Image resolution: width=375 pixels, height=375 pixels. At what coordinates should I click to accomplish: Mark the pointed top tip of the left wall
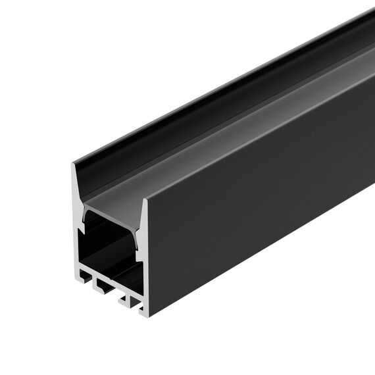point(72,163)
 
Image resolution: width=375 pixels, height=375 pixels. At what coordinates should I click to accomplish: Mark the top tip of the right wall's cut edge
point(145,198)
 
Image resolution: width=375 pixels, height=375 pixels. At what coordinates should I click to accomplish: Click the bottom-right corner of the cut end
point(146,314)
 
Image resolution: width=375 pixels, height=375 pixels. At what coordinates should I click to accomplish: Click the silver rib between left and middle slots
point(95,279)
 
